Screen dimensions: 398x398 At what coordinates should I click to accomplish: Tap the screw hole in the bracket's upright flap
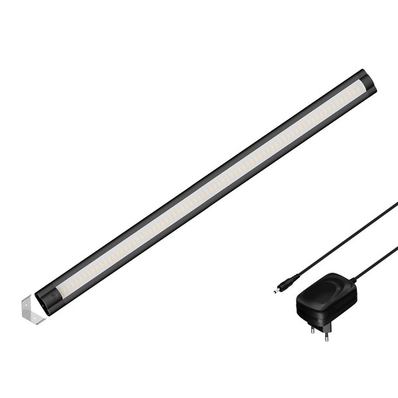pos(25,306)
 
